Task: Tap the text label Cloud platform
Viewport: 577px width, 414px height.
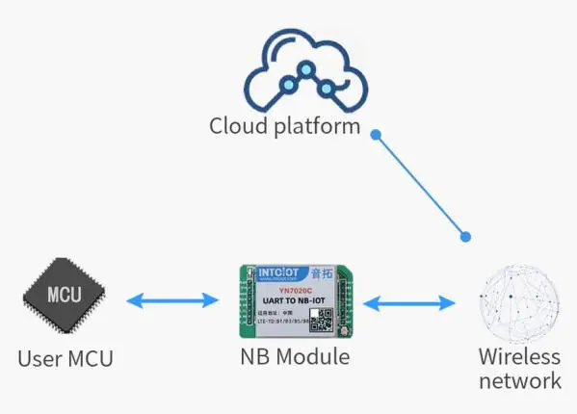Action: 285,126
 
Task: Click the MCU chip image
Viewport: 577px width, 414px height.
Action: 66,299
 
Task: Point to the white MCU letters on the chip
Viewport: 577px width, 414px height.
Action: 66,294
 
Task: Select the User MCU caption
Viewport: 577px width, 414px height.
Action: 66,359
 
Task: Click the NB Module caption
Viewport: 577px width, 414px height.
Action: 294,357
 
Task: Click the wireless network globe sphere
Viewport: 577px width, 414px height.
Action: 520,300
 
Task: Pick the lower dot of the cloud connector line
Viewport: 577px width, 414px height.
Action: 467,235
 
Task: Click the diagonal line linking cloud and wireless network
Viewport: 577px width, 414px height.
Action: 422,185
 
